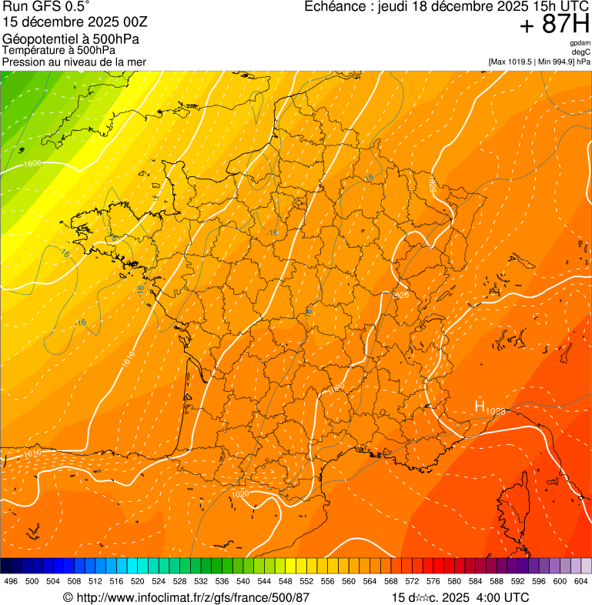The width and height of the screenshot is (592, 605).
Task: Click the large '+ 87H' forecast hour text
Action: tap(554, 25)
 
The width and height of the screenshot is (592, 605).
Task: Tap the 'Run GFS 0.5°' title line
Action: tap(46, 8)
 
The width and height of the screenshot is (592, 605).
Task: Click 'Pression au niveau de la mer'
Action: tap(74, 62)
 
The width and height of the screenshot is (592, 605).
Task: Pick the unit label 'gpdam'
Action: tap(580, 43)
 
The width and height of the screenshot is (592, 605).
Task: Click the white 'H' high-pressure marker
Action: tap(479, 406)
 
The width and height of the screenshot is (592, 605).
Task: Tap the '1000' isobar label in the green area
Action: tap(32, 164)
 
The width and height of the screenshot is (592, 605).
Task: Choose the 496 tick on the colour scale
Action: tap(11, 581)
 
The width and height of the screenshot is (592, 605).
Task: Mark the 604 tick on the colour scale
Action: tap(580, 581)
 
